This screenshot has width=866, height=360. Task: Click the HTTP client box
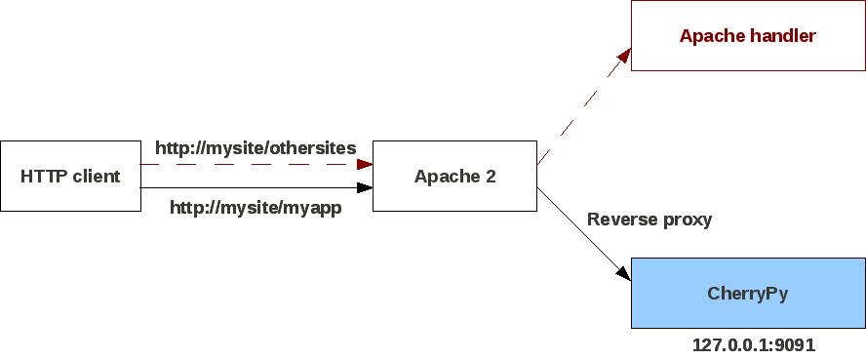point(70,176)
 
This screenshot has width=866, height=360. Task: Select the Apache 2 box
point(454,176)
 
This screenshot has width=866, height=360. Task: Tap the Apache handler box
point(747,36)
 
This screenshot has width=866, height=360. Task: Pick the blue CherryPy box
point(747,293)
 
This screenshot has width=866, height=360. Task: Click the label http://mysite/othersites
point(256,147)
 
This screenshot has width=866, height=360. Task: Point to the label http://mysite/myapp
point(256,207)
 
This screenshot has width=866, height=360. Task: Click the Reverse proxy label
point(649,219)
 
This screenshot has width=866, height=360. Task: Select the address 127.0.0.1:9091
point(754,344)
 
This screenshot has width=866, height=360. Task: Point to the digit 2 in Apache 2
point(490,176)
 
